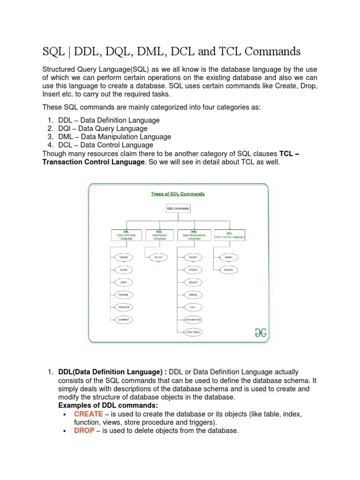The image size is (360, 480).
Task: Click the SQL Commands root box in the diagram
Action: [178, 208]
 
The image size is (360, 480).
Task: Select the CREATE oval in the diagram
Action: [124, 257]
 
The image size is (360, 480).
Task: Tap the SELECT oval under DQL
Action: [159, 257]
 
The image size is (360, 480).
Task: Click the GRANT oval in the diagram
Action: [228, 257]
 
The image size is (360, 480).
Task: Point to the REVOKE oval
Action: [228, 270]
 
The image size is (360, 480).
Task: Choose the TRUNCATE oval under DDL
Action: [124, 307]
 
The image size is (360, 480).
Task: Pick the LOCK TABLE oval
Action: [193, 332]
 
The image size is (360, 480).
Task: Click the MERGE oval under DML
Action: [193, 295]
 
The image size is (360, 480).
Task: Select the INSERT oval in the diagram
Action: [193, 257]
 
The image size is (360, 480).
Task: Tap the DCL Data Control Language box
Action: [229, 235]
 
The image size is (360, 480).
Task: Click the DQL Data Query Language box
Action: [160, 235]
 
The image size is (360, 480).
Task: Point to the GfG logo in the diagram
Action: [260, 332]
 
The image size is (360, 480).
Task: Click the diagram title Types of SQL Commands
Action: [178, 194]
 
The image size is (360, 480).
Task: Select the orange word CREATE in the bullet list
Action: [88, 414]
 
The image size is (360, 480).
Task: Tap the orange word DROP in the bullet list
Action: [84, 431]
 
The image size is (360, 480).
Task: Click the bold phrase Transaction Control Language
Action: [93, 162]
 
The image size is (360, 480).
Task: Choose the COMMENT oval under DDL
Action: [124, 320]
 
